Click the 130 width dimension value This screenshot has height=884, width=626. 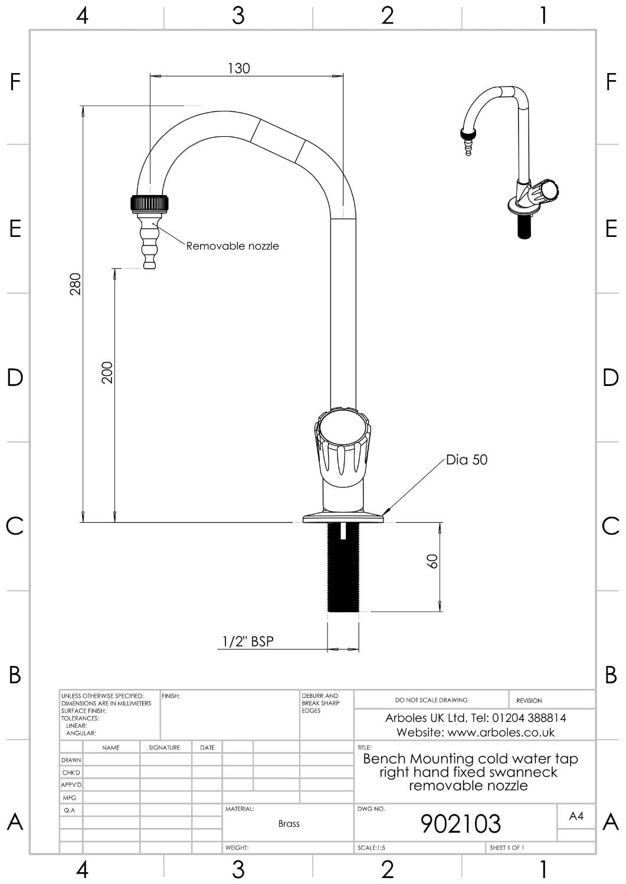pyautogui.click(x=239, y=68)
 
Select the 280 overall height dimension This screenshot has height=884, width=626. pyautogui.click(x=76, y=284)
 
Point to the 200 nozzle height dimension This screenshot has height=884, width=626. pyautogui.click(x=107, y=372)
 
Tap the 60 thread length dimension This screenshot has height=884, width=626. pyautogui.click(x=432, y=561)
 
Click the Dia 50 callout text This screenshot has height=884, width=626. pyautogui.click(x=467, y=460)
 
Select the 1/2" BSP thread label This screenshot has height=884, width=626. pyautogui.click(x=248, y=641)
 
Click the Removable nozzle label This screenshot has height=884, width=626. pyautogui.click(x=232, y=246)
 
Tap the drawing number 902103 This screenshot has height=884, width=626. pyautogui.click(x=460, y=823)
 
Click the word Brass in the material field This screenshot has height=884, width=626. pyautogui.click(x=289, y=823)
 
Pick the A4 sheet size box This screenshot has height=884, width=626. pyautogui.click(x=576, y=816)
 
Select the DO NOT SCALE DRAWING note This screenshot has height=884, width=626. pyautogui.click(x=431, y=700)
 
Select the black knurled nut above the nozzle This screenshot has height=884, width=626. pyautogui.click(x=150, y=204)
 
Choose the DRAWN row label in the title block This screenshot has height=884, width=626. pyautogui.click(x=71, y=760)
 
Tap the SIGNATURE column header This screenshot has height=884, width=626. pyautogui.click(x=165, y=747)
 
